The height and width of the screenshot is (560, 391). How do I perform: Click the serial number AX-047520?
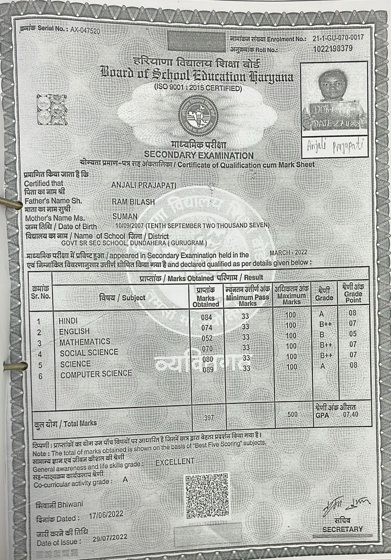pos(85,30)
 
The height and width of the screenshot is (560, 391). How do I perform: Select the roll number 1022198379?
pos(333,48)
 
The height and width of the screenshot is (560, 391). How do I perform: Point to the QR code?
pos(206,496)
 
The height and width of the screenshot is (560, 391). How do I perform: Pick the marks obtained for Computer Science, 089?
pos(208,369)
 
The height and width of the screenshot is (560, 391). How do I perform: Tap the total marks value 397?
pos(208,418)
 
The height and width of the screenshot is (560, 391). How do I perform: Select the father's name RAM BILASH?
pos(133,202)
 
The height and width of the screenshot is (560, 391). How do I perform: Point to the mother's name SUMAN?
pos(125,217)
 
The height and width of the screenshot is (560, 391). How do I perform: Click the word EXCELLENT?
pos(175,462)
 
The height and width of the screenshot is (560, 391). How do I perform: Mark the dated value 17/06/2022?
pos(106,514)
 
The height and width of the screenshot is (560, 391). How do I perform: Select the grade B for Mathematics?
pos(322,335)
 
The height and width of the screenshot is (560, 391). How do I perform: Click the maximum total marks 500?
pos(292,415)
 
